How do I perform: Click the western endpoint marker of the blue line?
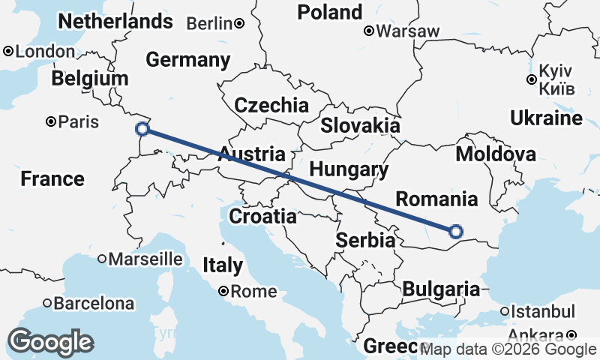click(142, 128)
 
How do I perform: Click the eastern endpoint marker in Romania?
click(455, 232)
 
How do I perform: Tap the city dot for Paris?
click(51, 121)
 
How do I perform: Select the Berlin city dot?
click(238, 23)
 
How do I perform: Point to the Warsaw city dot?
click(369, 31)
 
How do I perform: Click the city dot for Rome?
click(223, 292)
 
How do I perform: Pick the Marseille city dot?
click(102, 259)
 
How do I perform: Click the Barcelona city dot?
click(47, 304)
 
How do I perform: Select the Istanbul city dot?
click(504, 311)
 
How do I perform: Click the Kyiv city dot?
click(531, 79)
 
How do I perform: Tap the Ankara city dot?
click(571, 335)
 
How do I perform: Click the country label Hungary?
click(349, 169)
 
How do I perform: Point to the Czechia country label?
click(271, 105)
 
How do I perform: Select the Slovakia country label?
click(360, 125)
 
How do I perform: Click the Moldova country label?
click(496, 154)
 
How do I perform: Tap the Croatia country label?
click(262, 217)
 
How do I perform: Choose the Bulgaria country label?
click(441, 289)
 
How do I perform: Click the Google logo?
click(51, 342)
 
